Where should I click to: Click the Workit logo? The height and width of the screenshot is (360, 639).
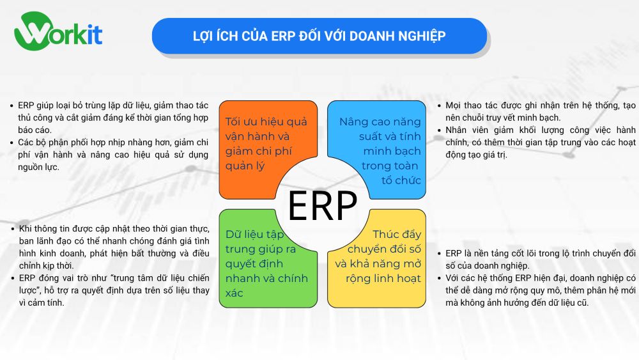click(x=58, y=33)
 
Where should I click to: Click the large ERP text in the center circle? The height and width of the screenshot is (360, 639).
click(x=322, y=205)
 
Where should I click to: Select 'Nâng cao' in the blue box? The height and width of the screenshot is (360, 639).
click(x=362, y=121)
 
